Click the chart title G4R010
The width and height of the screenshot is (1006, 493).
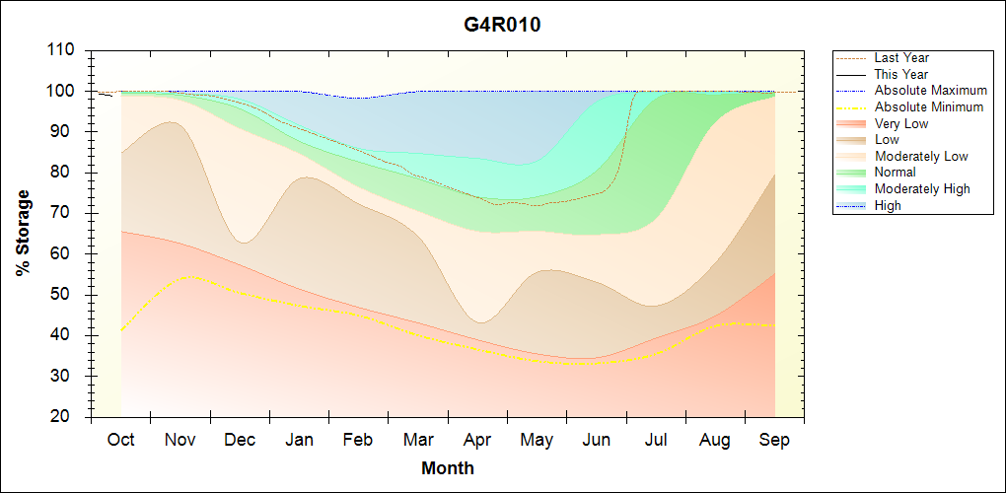[x=502, y=25]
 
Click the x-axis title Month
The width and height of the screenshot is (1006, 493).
[x=448, y=468]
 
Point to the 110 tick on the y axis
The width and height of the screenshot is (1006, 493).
[x=61, y=50]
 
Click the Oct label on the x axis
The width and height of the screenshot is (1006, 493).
[x=120, y=441]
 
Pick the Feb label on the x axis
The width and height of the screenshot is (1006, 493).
[x=358, y=441]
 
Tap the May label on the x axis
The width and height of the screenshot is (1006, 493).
[x=537, y=441]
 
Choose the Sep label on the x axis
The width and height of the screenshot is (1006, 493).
[x=774, y=441]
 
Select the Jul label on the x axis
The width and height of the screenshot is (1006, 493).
[x=655, y=441]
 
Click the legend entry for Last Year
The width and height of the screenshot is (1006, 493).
[x=900, y=58]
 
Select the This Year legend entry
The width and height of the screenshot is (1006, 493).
[x=900, y=74]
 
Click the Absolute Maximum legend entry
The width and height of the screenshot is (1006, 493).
[x=930, y=91]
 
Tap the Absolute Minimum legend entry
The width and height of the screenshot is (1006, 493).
[x=928, y=106]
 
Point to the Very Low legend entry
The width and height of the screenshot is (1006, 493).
[x=900, y=123]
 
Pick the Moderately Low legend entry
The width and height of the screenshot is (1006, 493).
[x=921, y=156]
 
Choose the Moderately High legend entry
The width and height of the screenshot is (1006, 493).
[x=922, y=188]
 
